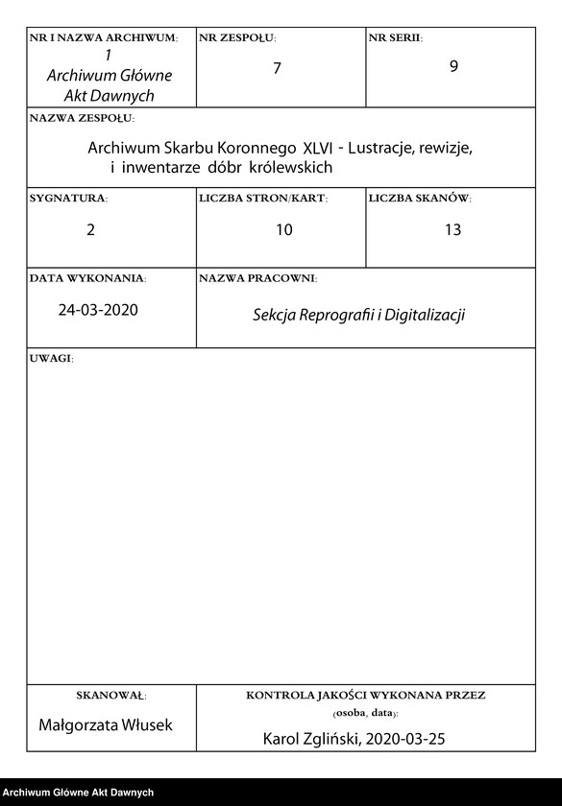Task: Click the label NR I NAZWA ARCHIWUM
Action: coord(104,38)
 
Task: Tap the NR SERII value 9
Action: coord(453,68)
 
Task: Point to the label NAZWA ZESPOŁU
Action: coord(83,119)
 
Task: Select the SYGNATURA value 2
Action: coord(91,230)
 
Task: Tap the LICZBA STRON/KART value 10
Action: coord(283,230)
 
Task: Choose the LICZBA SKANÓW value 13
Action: coord(452,230)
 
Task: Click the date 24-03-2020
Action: coord(98,310)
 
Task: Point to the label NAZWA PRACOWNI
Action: coord(257,278)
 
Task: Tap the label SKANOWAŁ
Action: coord(110,696)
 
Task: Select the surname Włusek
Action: coord(146,725)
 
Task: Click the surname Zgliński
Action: coord(330,740)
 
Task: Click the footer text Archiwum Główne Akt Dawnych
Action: coord(78,793)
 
